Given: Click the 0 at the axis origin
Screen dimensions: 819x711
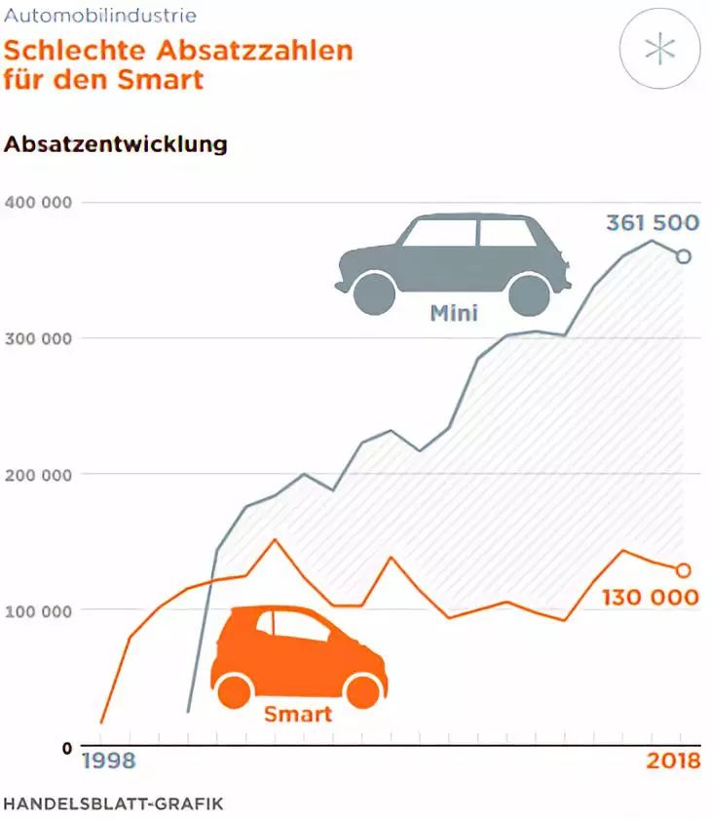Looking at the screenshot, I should (65, 748).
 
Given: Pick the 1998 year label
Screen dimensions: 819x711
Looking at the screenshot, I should (107, 761).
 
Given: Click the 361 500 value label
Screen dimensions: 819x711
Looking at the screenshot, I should (652, 222).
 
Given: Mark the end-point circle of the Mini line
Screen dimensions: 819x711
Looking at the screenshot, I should (683, 256).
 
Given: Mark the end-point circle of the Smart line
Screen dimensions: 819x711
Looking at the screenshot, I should (683, 570).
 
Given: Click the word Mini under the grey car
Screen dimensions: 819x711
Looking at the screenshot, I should (452, 315).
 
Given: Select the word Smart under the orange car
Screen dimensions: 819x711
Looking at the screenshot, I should (297, 715).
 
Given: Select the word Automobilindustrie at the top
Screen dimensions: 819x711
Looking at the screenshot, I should (99, 16).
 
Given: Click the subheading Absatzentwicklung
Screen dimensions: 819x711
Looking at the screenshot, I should (116, 144).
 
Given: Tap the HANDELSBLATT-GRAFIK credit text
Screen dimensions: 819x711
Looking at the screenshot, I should (113, 803).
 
